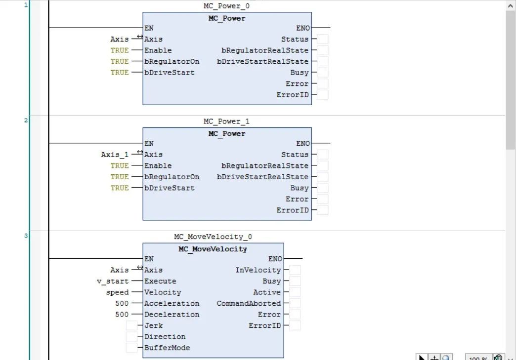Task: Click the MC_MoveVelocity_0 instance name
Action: click(213, 237)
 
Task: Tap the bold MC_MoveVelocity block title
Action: click(213, 249)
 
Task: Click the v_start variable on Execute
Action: click(113, 281)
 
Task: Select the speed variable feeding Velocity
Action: click(117, 292)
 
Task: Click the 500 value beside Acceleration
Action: click(122, 303)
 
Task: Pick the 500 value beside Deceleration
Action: click(122, 315)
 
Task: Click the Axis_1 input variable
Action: click(115, 155)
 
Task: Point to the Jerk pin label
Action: click(153, 325)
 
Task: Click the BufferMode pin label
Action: click(167, 348)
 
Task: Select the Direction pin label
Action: click(165, 337)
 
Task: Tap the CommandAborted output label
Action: click(249, 303)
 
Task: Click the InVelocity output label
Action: click(258, 270)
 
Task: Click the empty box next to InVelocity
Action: click(295, 270)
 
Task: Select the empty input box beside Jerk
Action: click(131, 325)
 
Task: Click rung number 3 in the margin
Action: click(26, 236)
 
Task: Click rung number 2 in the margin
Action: click(26, 120)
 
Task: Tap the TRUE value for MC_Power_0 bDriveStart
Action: click(120, 73)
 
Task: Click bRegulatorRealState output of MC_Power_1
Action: click(265, 166)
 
